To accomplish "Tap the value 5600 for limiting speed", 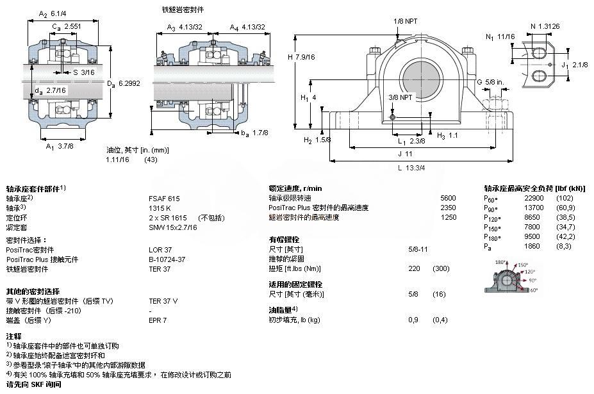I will (448, 199).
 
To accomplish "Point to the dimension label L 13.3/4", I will (411, 168).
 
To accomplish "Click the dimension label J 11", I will (404, 154).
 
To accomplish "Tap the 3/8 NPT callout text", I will (401, 97).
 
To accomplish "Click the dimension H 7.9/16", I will (301, 57).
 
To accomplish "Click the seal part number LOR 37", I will (160, 249).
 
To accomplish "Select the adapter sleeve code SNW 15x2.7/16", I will (173, 227).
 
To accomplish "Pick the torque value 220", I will (414, 268).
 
